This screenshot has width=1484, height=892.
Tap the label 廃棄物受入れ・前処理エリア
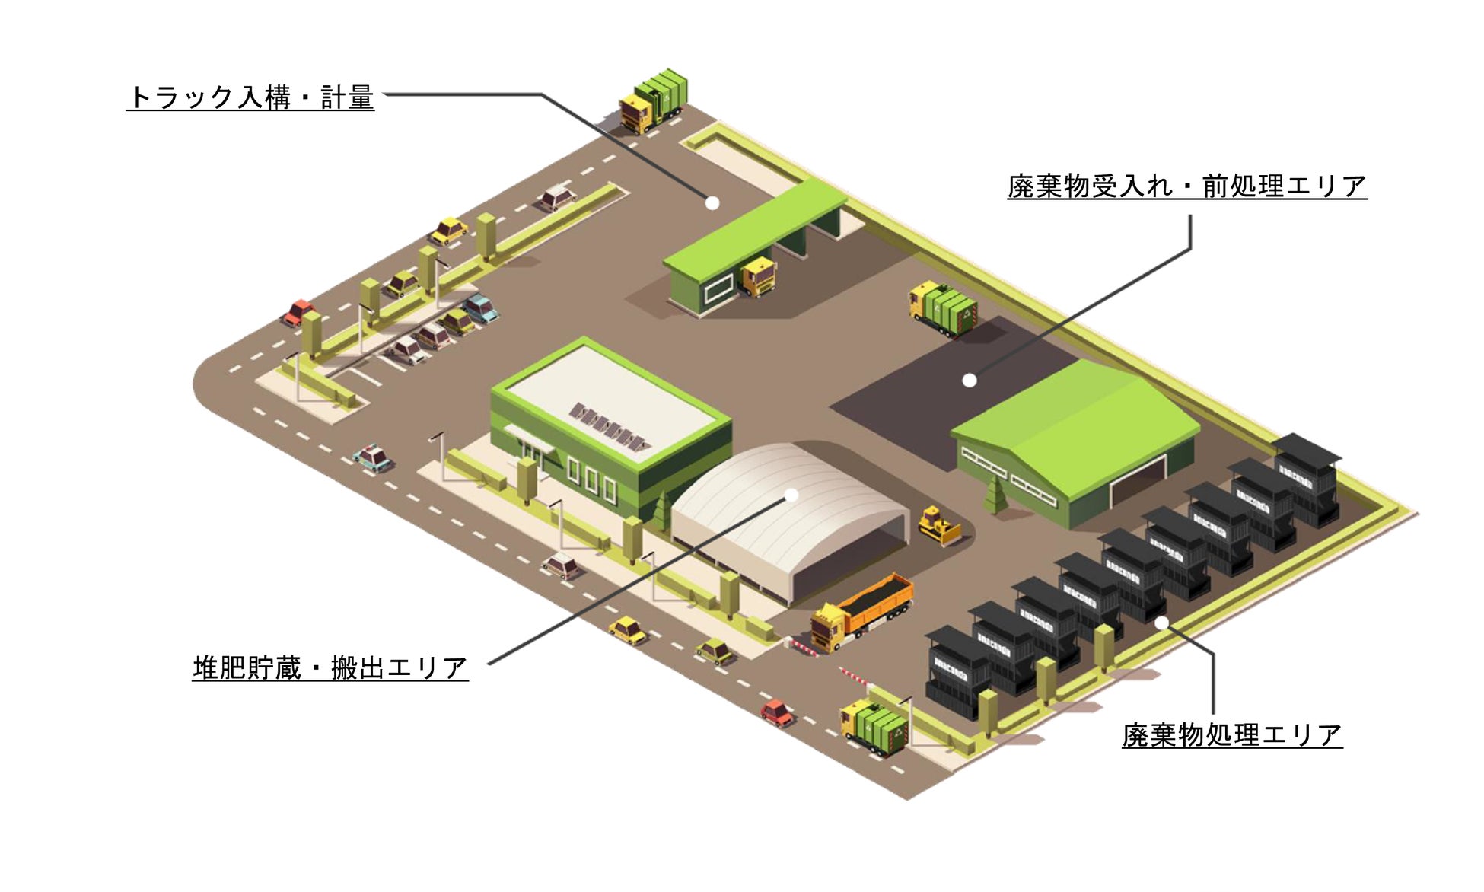pyautogui.click(x=1186, y=186)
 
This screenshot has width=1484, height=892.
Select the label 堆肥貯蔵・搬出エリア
pyautogui.click(x=330, y=668)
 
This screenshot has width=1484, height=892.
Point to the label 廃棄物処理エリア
pyautogui.click(x=1231, y=735)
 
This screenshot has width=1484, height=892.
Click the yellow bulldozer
pyautogui.click(x=939, y=525)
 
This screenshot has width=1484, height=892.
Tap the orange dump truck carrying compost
pyautogui.click(x=863, y=610)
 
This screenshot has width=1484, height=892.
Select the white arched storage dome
pyautogui.click(x=791, y=518)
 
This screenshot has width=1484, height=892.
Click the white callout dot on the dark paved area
pyautogui.click(x=969, y=381)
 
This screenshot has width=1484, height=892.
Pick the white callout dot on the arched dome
pyautogui.click(x=791, y=495)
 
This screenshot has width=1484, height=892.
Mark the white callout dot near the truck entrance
pyautogui.click(x=712, y=203)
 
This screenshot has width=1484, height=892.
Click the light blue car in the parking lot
pyautogui.click(x=481, y=307)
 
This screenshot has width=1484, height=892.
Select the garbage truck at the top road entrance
pyautogui.click(x=654, y=101)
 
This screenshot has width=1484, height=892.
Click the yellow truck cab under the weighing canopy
pyautogui.click(x=758, y=276)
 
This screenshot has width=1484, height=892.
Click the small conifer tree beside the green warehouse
pyautogui.click(x=994, y=495)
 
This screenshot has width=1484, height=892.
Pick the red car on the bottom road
pyautogui.click(x=776, y=712)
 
